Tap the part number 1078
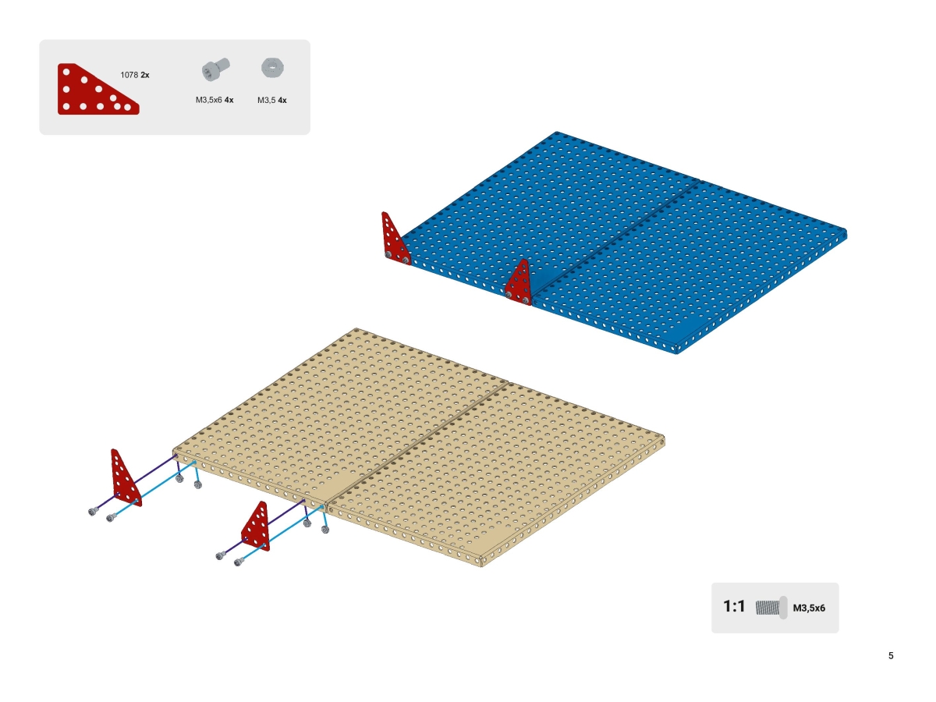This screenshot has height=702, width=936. pyautogui.click(x=129, y=75)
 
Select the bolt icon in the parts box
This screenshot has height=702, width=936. pyautogui.click(x=215, y=69)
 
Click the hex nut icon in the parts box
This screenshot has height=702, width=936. pyautogui.click(x=272, y=68)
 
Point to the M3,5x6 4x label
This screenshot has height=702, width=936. pyautogui.click(x=214, y=100)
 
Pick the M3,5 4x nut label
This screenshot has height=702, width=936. pyautogui.click(x=272, y=100)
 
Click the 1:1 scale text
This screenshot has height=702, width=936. pyautogui.click(x=734, y=607)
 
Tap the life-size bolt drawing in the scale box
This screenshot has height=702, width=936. pyautogui.click(x=771, y=608)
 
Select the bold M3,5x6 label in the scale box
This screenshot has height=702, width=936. pyautogui.click(x=809, y=608)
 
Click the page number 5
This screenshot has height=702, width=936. pyautogui.click(x=891, y=655)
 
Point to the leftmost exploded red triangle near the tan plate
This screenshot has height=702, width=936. pyautogui.click(x=126, y=478)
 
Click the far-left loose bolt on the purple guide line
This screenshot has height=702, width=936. pyautogui.click(x=93, y=512)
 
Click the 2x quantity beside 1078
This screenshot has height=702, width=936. pyautogui.click(x=145, y=75)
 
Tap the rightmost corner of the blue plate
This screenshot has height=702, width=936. pyautogui.click(x=846, y=233)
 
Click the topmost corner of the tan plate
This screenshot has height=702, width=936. pyautogui.click(x=356, y=328)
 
